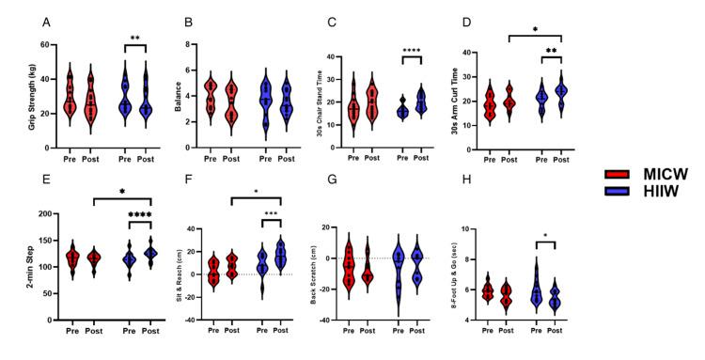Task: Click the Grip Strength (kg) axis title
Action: point(18,86)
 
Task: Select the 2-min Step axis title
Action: point(17,267)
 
